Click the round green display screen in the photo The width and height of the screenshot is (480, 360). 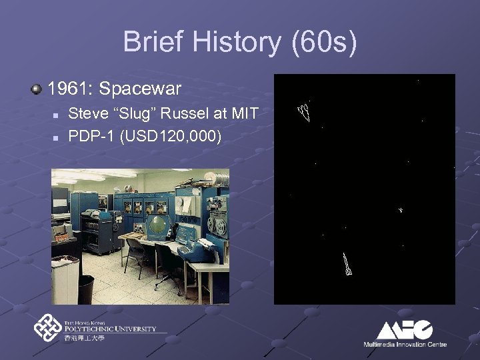click(x=157, y=227)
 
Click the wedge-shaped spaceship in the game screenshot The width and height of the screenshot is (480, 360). click(x=304, y=113)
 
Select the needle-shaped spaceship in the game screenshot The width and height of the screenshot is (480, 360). click(x=346, y=264)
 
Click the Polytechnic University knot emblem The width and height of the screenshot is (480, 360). click(x=47, y=327)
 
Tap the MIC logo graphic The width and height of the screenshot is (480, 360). click(x=405, y=330)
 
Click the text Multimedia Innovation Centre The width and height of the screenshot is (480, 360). click(x=405, y=345)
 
